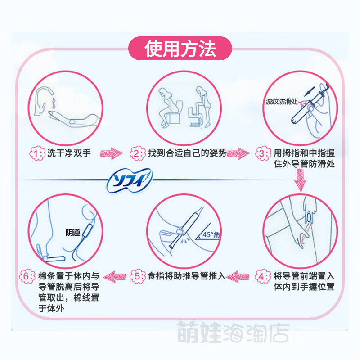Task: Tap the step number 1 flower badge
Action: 37,154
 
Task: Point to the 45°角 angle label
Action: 210,234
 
